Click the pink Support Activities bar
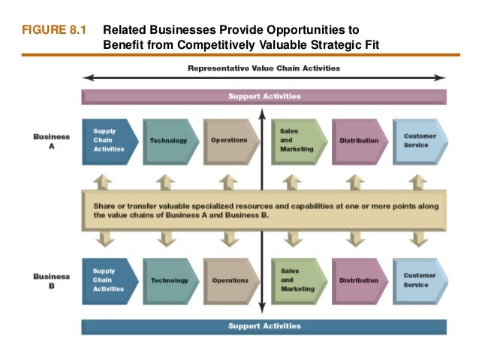264,97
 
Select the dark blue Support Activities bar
264,326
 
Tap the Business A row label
51,141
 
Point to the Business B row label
51,280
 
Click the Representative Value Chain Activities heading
264,68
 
